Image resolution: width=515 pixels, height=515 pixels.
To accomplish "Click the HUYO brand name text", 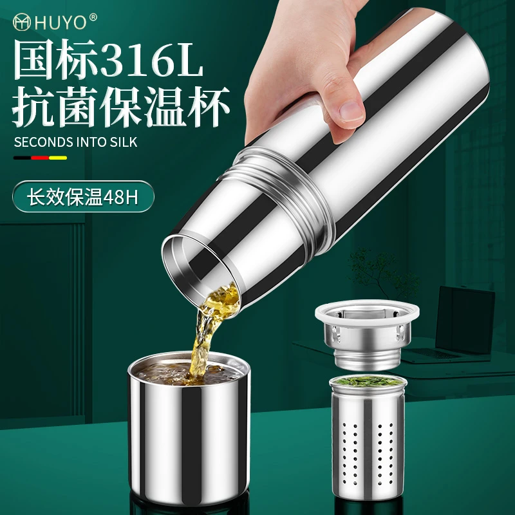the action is point(61,23).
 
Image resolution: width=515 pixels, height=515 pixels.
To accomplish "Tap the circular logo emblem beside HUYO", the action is point(22,22).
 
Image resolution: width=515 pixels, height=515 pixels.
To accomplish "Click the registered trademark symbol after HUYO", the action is point(93,17).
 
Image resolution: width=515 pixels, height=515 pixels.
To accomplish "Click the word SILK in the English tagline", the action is point(124,142).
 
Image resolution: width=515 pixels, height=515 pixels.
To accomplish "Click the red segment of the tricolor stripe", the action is point(40,158).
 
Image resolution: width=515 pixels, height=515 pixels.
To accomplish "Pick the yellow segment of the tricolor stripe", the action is point(58,158).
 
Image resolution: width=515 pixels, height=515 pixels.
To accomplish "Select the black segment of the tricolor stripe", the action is point(22,158).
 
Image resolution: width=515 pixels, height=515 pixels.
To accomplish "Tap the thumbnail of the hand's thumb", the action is point(351,109).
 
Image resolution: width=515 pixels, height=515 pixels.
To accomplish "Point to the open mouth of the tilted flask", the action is point(201,270).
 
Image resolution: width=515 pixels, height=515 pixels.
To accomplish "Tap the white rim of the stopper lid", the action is point(367,313).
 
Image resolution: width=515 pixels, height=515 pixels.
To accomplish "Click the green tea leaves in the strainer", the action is point(368,381).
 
